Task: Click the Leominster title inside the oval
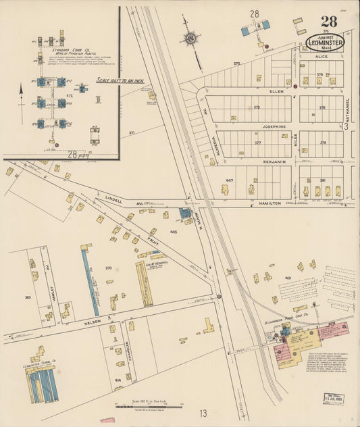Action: (325, 42)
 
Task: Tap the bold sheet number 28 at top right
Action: (329, 21)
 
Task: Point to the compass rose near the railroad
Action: (190, 39)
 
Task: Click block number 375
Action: (257, 107)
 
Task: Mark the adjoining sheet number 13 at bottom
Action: (203, 413)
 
